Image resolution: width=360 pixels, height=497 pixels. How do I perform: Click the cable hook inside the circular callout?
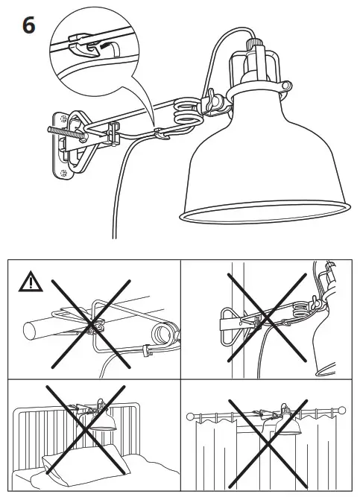(x=90, y=47)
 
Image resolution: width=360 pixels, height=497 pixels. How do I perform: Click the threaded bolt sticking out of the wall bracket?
(x=62, y=127)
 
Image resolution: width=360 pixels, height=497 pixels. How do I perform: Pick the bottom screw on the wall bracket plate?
(x=66, y=173)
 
